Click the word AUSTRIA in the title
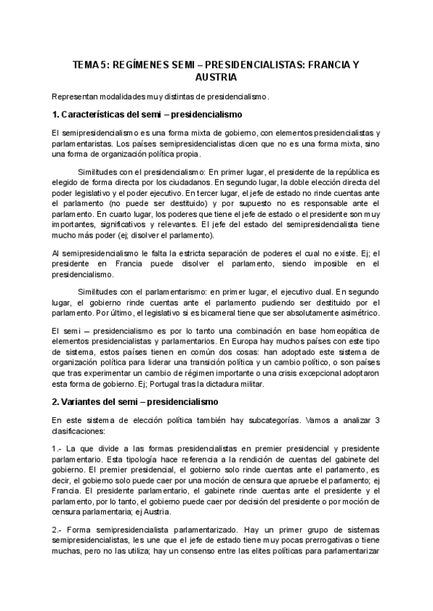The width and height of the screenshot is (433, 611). click(x=216, y=76)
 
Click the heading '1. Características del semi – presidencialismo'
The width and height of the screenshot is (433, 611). click(x=146, y=114)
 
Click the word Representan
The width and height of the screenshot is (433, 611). click(x=74, y=96)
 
